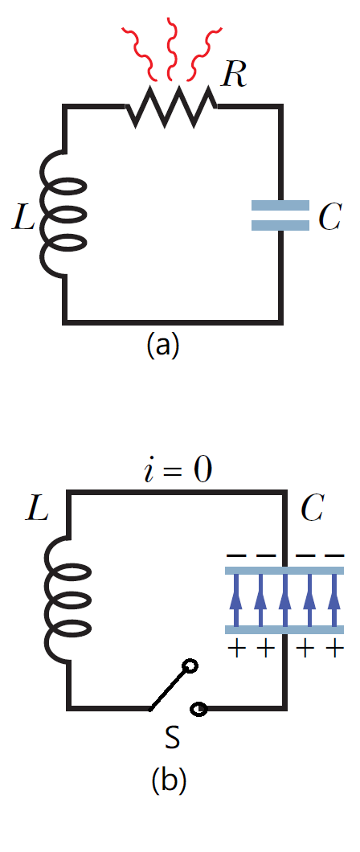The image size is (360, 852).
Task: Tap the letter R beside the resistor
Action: [235, 76]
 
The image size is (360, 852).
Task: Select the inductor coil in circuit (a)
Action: [63, 214]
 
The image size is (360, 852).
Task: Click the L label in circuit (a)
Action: [24, 215]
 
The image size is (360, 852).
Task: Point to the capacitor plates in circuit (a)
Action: [280, 215]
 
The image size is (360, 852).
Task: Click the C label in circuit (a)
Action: [329, 217]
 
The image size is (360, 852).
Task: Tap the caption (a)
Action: [162, 345]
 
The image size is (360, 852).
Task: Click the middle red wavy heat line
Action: [174, 50]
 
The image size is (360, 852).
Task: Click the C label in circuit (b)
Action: [312, 510]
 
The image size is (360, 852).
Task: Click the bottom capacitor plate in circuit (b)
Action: [284, 629]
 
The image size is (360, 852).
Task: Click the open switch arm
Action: [170, 686]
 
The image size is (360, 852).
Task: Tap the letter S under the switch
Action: [172, 738]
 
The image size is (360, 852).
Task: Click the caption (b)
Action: [168, 780]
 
